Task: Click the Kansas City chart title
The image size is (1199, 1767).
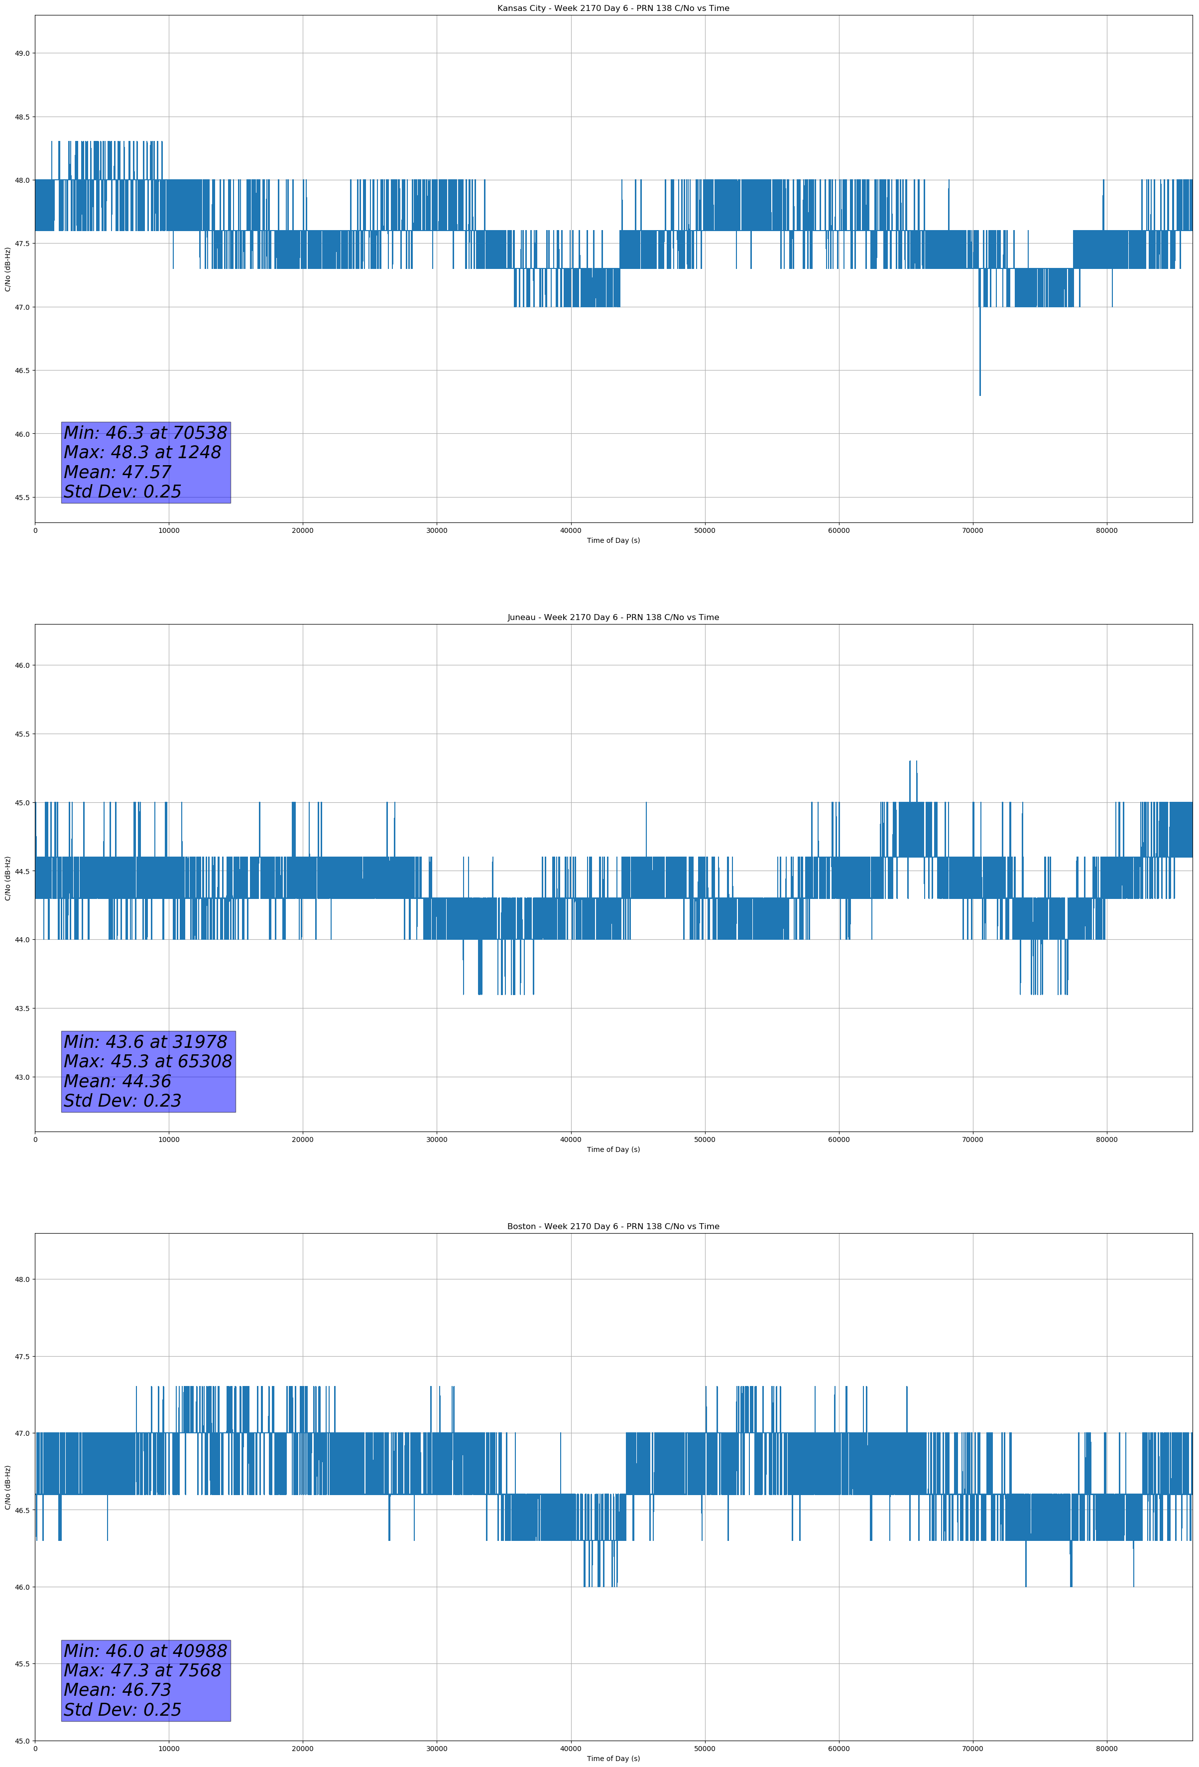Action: tap(613, 8)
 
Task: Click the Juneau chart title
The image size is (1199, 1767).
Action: tap(613, 618)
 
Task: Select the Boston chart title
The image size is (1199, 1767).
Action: tap(613, 1227)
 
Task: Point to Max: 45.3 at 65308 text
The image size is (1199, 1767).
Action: tap(147, 1061)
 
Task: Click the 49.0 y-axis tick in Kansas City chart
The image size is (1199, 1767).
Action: tap(22, 53)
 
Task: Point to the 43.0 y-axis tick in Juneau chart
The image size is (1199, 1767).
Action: tap(22, 1077)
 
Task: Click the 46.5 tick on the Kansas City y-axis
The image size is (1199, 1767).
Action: tap(22, 370)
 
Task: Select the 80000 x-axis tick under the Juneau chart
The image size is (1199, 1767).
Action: tap(1106, 1139)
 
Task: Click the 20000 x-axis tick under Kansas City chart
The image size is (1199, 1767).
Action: tap(303, 531)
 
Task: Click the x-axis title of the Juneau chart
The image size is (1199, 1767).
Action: tap(613, 1149)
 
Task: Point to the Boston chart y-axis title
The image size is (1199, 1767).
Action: tap(7, 1487)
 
